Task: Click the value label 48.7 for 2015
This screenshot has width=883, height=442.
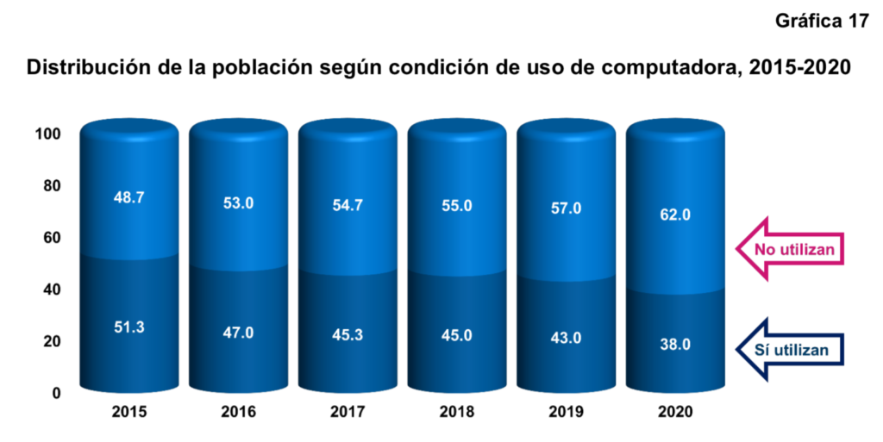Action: [x=128, y=197]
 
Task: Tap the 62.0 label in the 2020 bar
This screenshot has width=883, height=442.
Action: [x=674, y=215]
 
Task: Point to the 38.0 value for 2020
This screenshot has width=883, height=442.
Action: [x=674, y=344]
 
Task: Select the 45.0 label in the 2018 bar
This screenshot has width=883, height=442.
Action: [x=456, y=335]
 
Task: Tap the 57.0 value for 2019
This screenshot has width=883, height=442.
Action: [x=566, y=209]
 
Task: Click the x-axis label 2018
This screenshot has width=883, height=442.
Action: [x=456, y=413]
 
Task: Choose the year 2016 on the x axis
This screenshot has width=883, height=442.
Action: [x=238, y=413]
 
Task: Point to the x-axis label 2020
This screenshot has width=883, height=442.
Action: [x=674, y=413]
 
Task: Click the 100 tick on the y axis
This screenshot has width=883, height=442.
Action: [x=48, y=134]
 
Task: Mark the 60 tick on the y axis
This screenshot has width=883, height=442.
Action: [x=52, y=238]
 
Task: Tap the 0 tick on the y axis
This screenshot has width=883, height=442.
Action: [x=56, y=393]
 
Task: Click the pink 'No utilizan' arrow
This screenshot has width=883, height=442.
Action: [x=789, y=250]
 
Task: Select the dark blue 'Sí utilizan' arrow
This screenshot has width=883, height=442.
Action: [x=789, y=350]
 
